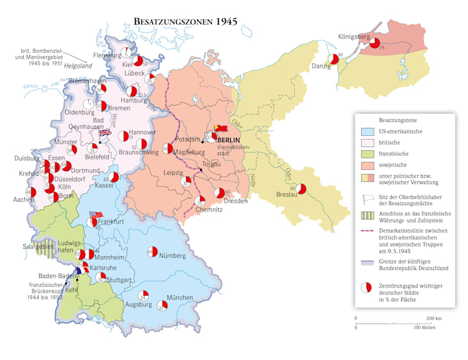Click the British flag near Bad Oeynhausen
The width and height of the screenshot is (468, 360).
[x=104, y=132]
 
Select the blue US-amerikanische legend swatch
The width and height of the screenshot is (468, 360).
[x=367, y=132]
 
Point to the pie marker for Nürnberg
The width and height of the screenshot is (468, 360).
[x=151, y=252]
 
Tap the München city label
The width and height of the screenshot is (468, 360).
[x=179, y=297]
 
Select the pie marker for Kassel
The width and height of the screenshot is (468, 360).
[x=113, y=177]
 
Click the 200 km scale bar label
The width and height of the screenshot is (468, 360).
[x=433, y=318]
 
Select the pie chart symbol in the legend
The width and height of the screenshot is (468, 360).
[x=366, y=288]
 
